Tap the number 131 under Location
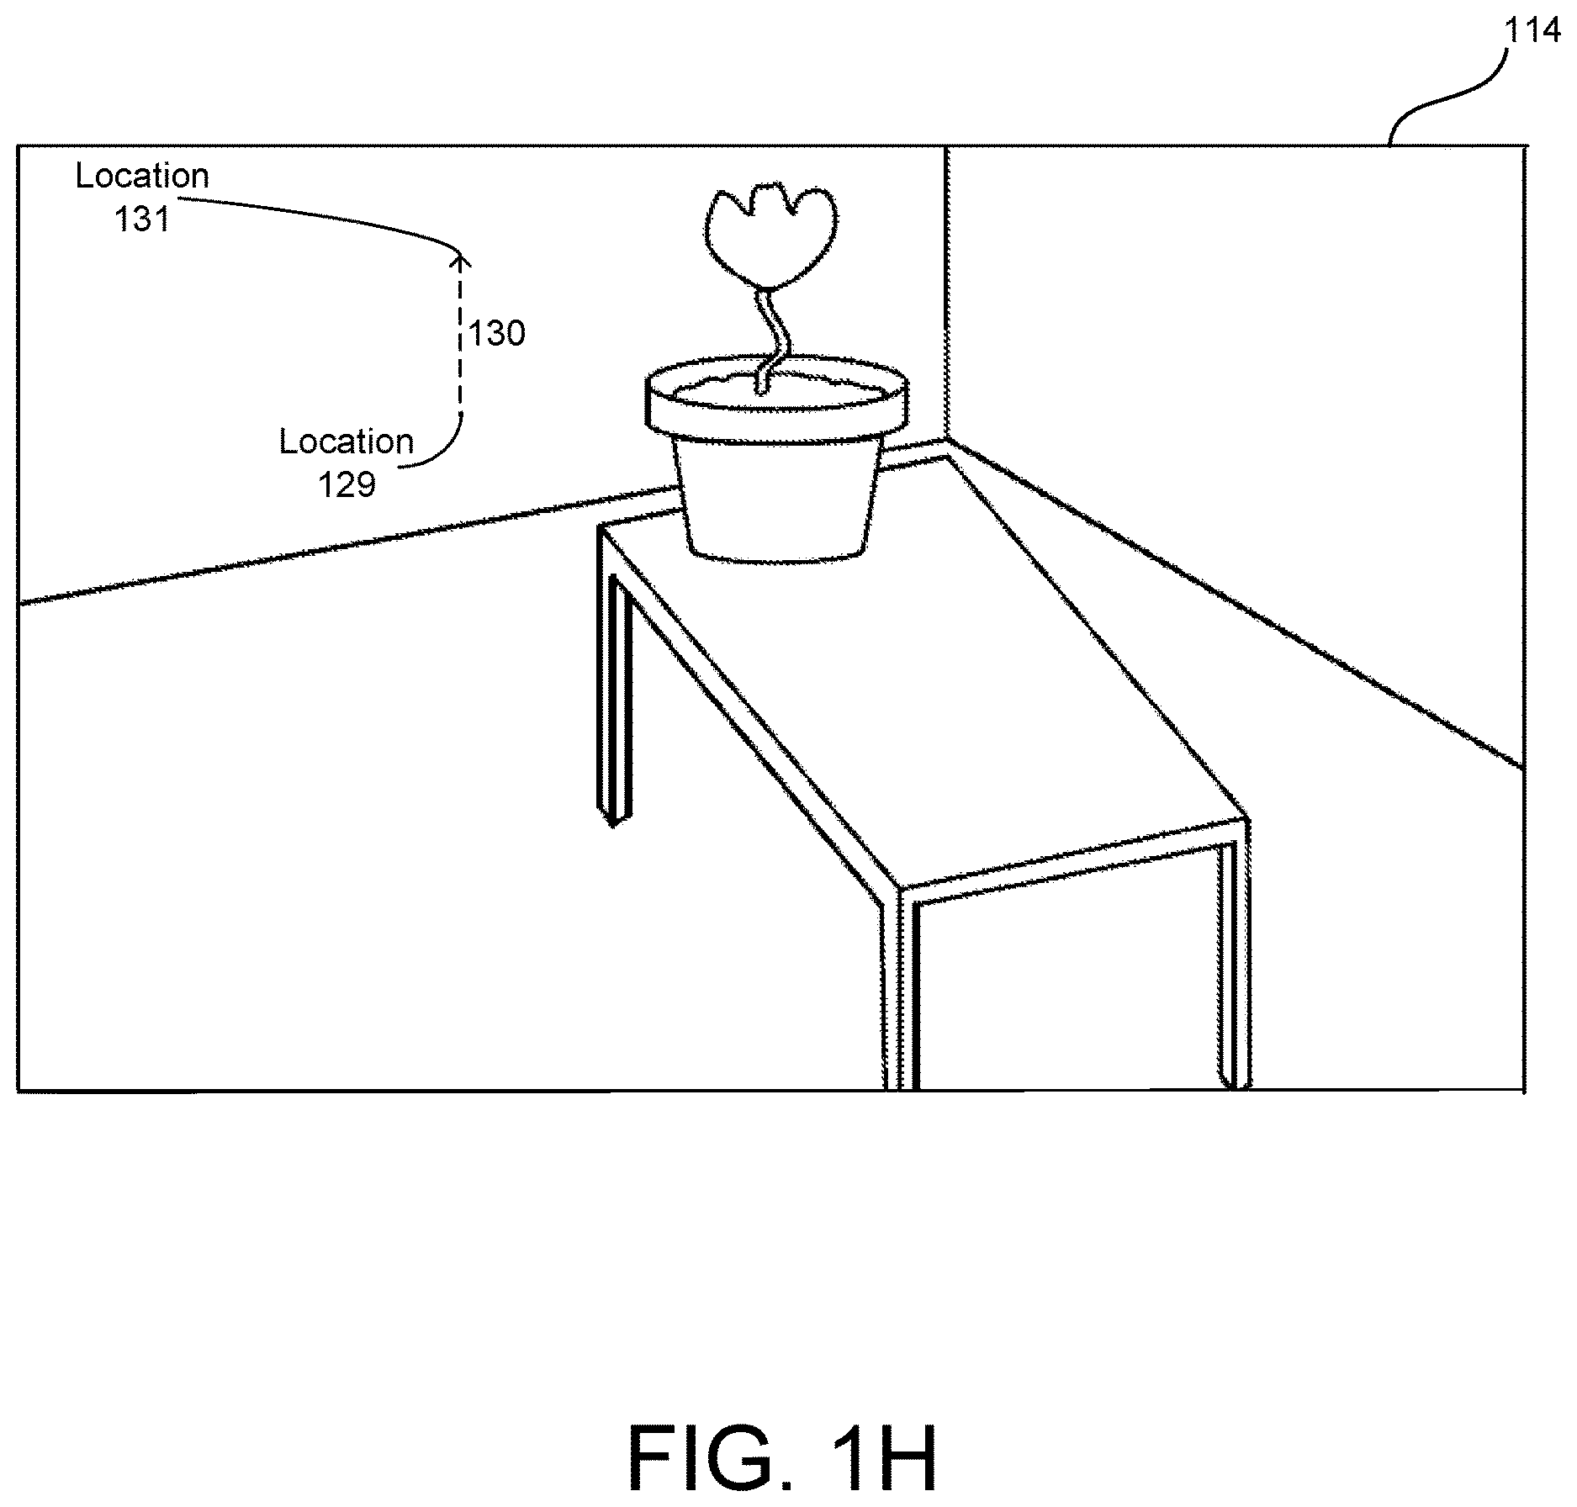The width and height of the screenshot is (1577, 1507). point(142,219)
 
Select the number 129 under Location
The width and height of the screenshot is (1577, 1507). point(347,484)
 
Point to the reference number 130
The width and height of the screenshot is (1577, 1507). point(497,334)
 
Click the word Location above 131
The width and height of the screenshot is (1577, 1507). point(142,176)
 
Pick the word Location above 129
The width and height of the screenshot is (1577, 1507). point(347,442)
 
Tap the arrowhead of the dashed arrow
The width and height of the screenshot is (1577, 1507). point(459,260)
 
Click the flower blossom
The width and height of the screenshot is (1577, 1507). point(771,235)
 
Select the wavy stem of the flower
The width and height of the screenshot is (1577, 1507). point(771,336)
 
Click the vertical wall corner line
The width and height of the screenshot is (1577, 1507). point(946,293)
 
